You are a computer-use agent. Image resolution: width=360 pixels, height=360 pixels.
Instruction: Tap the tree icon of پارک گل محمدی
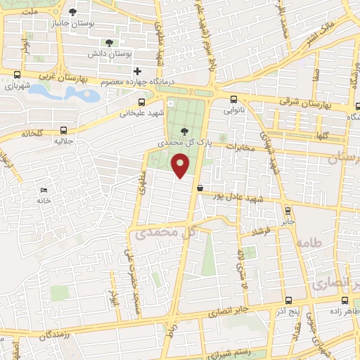[184, 131]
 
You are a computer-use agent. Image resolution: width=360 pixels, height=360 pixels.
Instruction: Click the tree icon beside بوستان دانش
[108, 42]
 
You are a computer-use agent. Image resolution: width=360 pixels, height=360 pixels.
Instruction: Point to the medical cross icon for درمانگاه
[138, 71]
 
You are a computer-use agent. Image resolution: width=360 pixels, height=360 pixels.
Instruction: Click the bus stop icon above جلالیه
[64, 130]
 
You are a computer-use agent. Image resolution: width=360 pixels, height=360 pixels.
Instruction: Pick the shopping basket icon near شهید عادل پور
[201, 188]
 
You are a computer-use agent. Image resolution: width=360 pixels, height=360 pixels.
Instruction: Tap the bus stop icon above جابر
[287, 210]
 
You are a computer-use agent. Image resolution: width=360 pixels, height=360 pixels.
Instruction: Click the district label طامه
[311, 243]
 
